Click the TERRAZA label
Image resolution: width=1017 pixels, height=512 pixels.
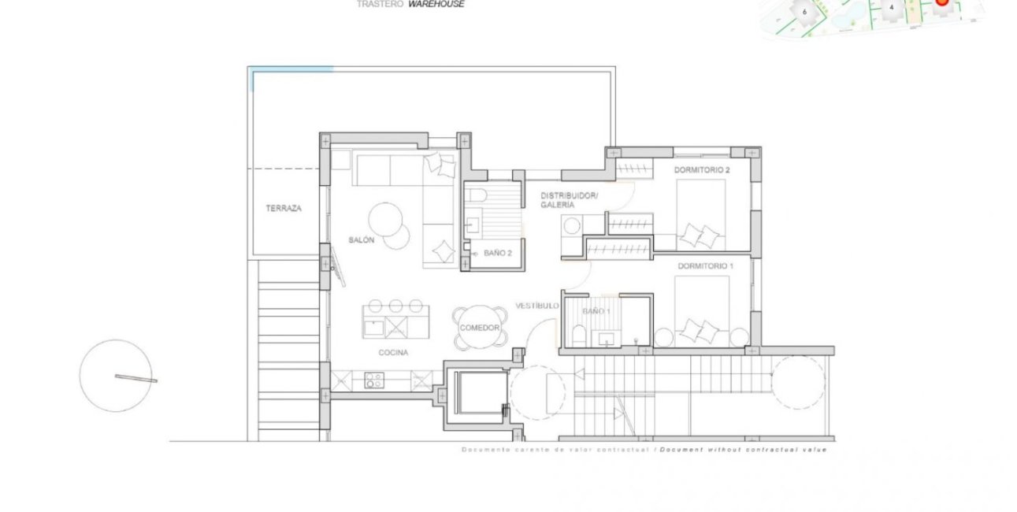tap(284, 209)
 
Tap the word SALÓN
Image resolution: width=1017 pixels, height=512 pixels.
tap(361, 239)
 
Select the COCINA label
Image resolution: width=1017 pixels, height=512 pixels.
tap(393, 353)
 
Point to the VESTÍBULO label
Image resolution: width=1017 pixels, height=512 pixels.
tap(537, 305)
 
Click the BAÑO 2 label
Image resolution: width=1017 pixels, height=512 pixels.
tap(498, 254)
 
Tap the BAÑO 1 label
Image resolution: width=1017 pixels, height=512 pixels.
tap(596, 312)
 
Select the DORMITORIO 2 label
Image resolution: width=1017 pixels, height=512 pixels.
tap(702, 170)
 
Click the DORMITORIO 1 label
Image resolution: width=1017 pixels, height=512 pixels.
tap(705, 267)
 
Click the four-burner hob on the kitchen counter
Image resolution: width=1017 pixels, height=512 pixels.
tap(373, 380)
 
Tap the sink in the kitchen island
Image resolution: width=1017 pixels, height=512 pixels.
tap(373, 325)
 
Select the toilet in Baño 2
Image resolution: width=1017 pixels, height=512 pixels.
tap(479, 195)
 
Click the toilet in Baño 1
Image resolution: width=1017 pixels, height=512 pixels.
tap(577, 338)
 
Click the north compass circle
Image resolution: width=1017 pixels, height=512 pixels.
tap(116, 376)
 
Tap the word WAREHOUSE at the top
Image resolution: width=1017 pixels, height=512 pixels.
tap(436, 4)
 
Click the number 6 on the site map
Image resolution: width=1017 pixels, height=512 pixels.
tap(804, 12)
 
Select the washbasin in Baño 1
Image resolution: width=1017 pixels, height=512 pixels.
tap(607, 339)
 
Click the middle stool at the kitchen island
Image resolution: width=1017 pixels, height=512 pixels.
tap(395, 306)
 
